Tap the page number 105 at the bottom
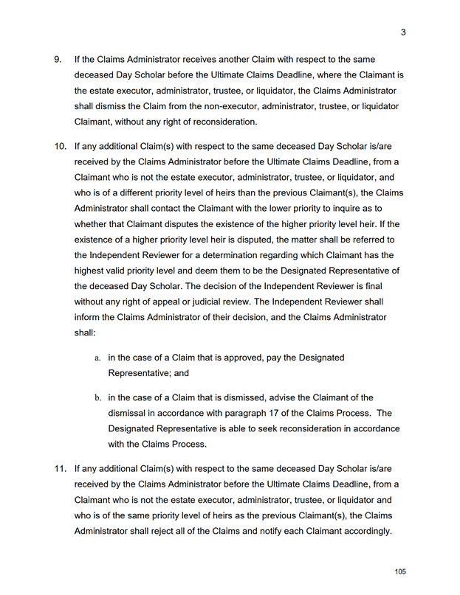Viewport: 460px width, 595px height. [400, 572]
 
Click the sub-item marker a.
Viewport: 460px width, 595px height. [97, 358]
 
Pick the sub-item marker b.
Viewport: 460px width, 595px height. [97, 397]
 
